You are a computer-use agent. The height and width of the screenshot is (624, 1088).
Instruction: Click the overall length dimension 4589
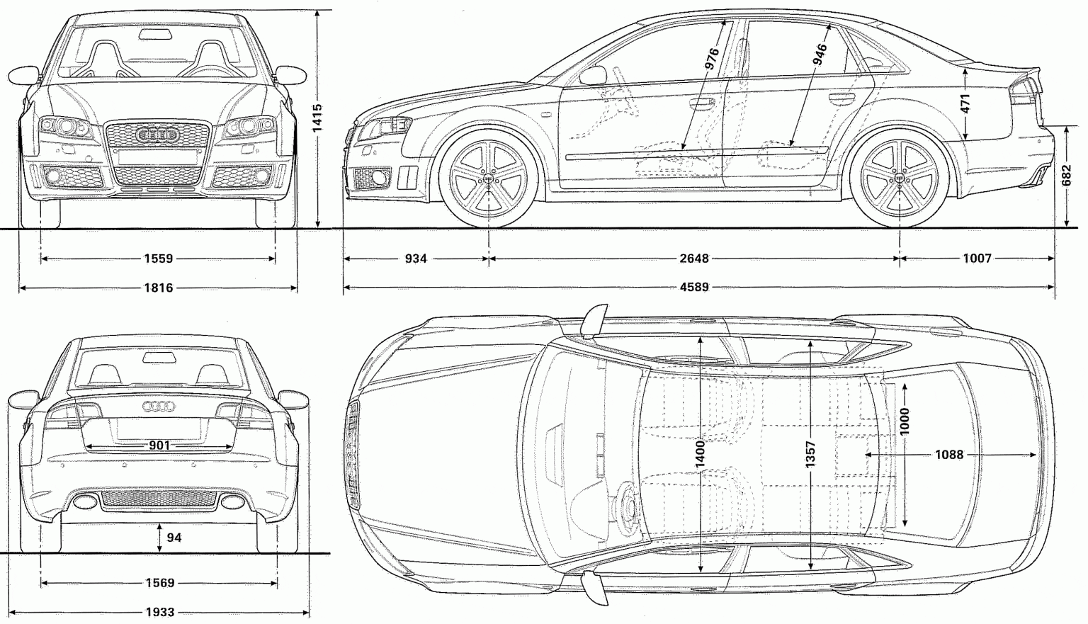tap(694, 288)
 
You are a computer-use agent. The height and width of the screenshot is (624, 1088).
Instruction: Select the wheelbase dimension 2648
tap(694, 259)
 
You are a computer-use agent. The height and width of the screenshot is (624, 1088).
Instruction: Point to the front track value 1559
tap(158, 259)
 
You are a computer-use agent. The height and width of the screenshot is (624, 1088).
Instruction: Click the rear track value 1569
tap(159, 583)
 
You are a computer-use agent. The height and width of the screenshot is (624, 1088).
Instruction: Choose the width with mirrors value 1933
tap(159, 612)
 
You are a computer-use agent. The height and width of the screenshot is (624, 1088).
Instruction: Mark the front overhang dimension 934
tap(416, 259)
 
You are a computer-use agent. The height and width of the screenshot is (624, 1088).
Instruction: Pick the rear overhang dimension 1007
tap(977, 259)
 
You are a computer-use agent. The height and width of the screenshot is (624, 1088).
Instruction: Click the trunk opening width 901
tap(159, 446)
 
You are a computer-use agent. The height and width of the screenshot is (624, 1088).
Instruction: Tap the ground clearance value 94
tap(174, 538)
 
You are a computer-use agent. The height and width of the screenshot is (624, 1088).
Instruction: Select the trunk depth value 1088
tap(949, 455)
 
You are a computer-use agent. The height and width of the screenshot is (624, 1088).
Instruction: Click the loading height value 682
tap(1067, 176)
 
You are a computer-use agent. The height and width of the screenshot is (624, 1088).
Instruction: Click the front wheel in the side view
tap(488, 180)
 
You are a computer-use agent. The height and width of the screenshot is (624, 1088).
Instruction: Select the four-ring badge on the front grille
tap(157, 135)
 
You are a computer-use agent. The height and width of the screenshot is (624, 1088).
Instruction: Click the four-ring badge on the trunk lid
tap(159, 407)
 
